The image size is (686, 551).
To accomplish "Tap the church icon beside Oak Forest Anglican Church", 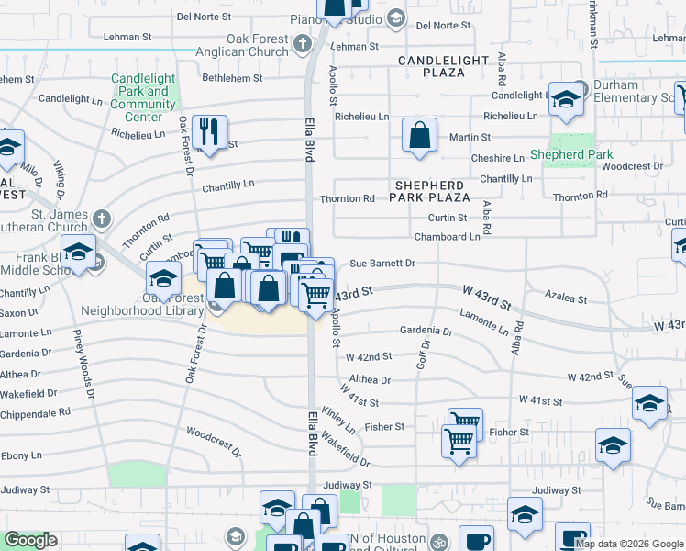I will [x=303, y=43].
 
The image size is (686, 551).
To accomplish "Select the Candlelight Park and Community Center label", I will [x=143, y=98].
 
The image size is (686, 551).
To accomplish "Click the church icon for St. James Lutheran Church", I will [x=101, y=219].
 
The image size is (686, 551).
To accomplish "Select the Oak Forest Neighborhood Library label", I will [x=142, y=305].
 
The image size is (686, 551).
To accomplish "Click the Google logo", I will [x=30, y=540].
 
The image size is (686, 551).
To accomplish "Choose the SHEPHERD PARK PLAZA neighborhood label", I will [x=430, y=190].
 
